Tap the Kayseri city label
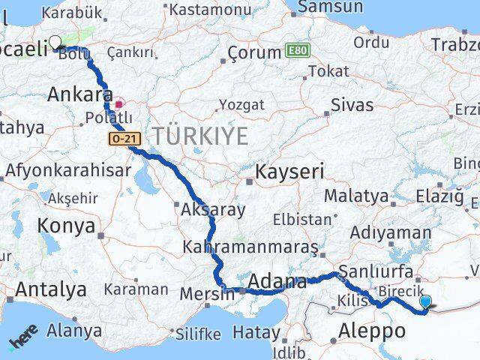point(290,172)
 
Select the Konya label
point(66,226)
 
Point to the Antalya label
point(50,289)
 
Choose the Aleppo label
point(372,330)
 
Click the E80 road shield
point(296,51)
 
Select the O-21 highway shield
point(119,139)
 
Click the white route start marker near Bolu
point(55,42)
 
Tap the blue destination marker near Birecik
point(426,302)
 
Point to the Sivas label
point(352,104)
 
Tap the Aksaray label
point(213,209)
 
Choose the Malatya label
point(356,196)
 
